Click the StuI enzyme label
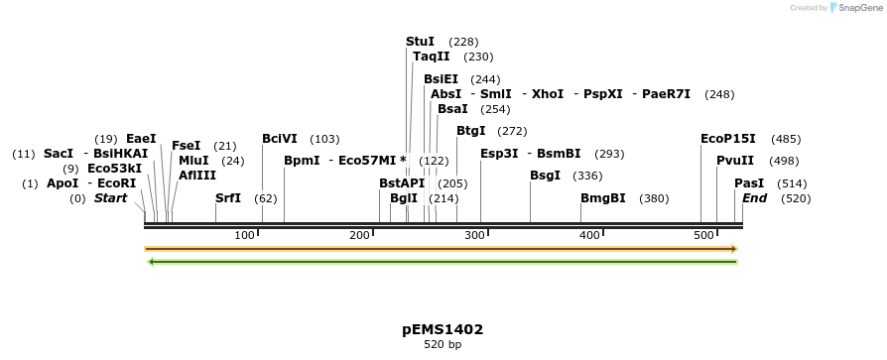[420, 42]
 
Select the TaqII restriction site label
[432, 58]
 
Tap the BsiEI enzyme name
[441, 79]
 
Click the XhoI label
[547, 94]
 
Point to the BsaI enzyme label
[451, 109]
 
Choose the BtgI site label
[470, 131]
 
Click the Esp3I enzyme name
[499, 154]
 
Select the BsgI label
[545, 176]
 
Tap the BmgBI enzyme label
[603, 198]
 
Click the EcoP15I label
[727, 139]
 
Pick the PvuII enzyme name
[735, 161]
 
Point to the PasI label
[749, 183]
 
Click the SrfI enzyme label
[228, 198]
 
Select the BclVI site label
[279, 139]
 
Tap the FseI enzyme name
[186, 146]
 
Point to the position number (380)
[654, 198]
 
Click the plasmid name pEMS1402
[443, 329]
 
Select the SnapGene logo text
[854, 8]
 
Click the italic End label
[754, 198]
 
